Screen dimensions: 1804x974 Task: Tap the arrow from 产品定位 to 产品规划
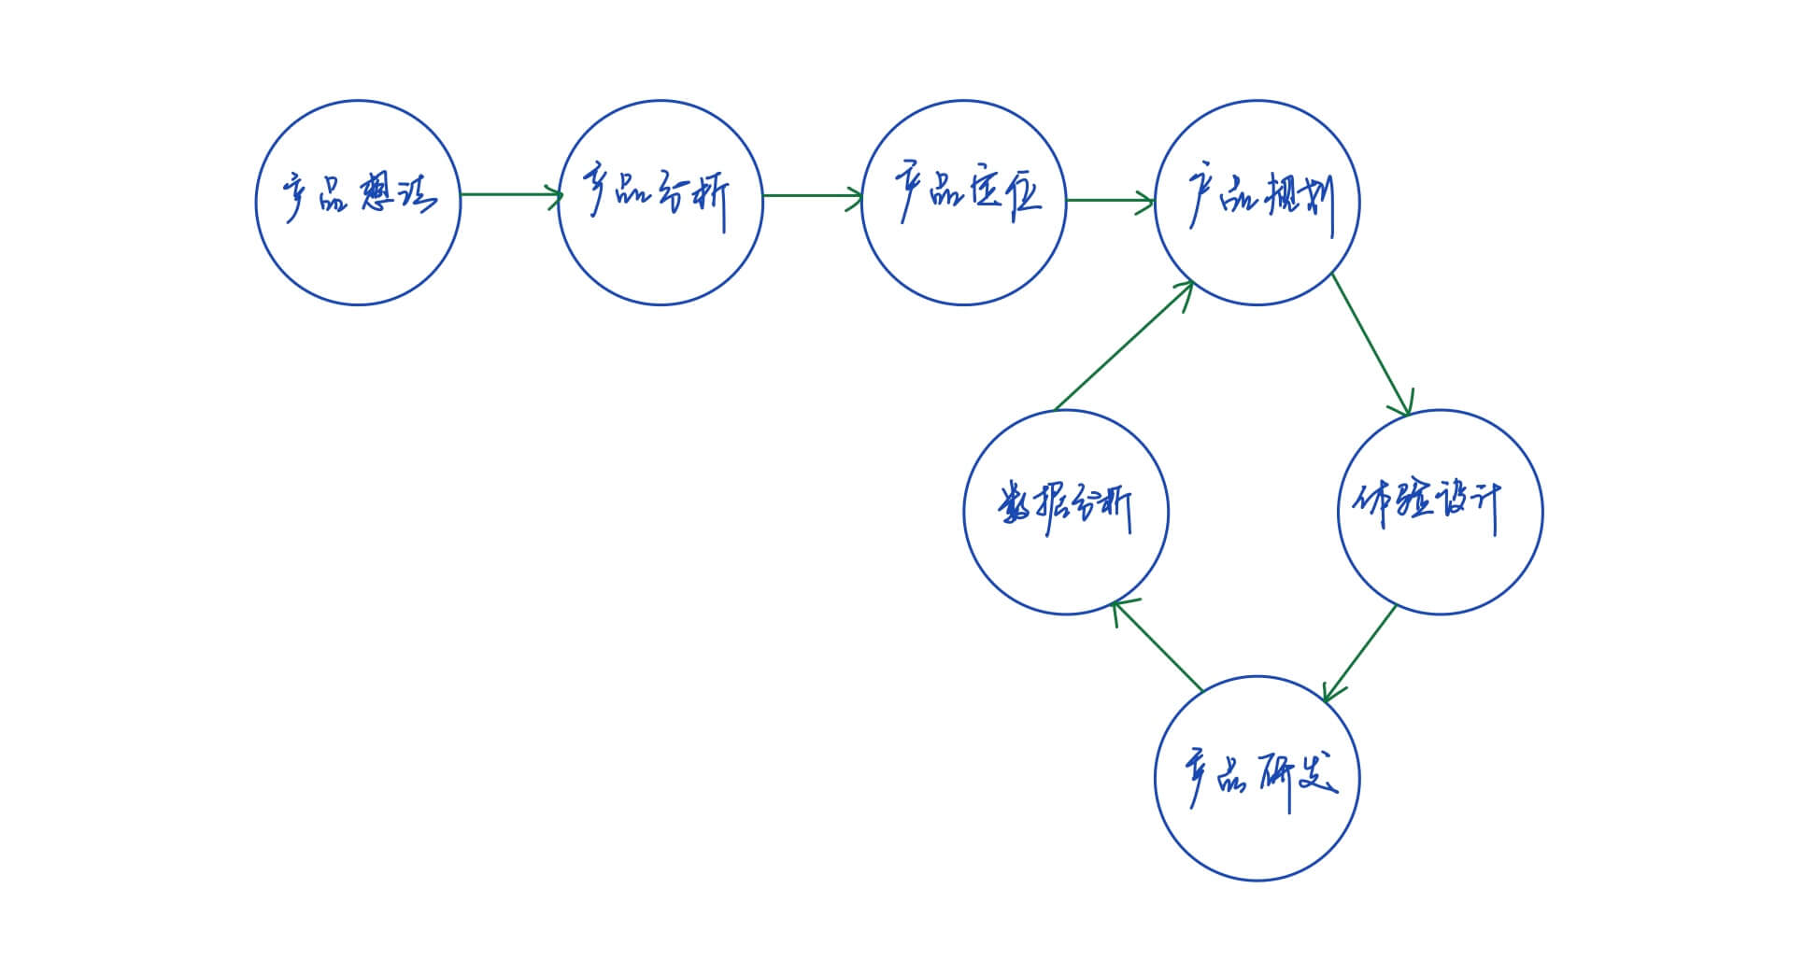(1110, 200)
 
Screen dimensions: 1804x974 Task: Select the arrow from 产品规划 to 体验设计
(1371, 344)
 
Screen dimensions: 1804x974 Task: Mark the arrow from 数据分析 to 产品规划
(1124, 346)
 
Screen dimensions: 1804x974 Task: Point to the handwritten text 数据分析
(1065, 509)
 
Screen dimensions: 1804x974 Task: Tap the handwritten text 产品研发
(1261, 777)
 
